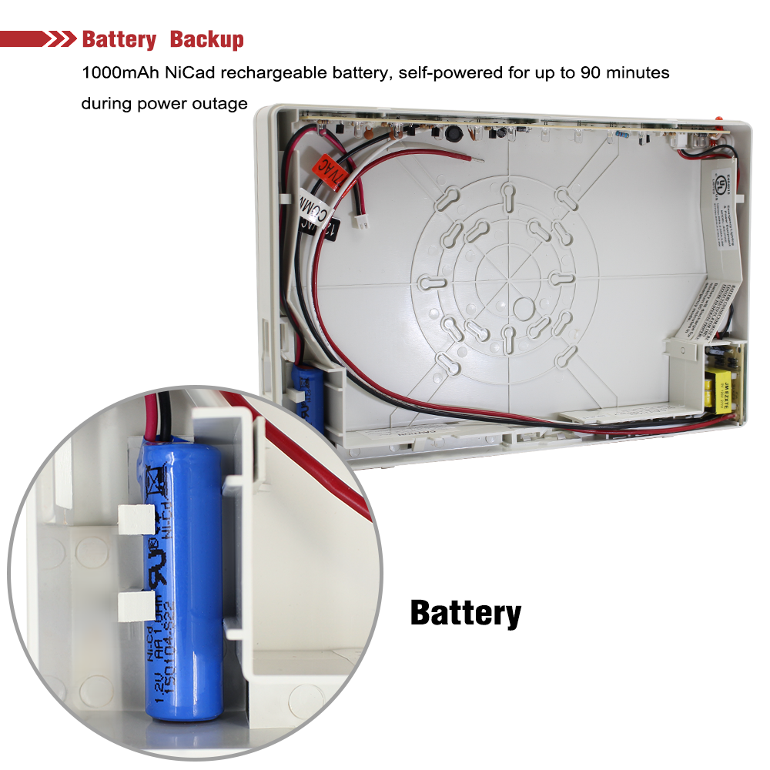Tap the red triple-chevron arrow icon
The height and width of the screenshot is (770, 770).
(x=62, y=39)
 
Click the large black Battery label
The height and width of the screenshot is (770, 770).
(x=465, y=613)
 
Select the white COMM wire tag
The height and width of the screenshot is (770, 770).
(x=313, y=206)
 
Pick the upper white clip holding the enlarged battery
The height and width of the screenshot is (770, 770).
(x=136, y=520)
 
